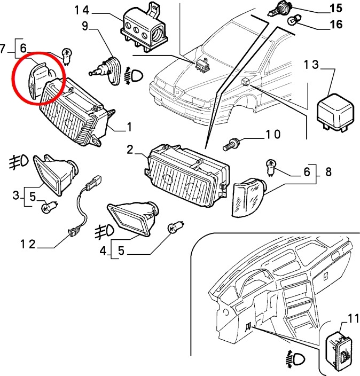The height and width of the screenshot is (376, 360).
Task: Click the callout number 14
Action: tap(82, 10)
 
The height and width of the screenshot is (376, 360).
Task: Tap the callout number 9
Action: tap(85, 26)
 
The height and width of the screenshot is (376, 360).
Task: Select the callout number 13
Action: tap(311, 65)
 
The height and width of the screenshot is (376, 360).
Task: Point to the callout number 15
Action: tap(336, 8)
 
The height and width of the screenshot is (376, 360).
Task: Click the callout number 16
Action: tap(336, 24)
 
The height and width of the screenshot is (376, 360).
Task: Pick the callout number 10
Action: tap(273, 134)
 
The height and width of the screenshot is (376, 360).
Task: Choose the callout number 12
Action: tap(28, 245)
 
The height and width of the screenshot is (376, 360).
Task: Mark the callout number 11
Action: tap(353, 319)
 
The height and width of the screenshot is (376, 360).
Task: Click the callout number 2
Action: tap(130, 150)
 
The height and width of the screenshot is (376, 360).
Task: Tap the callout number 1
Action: tap(129, 127)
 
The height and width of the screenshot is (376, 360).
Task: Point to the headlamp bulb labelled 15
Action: tap(279, 9)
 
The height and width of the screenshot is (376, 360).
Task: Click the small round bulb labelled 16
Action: tap(293, 20)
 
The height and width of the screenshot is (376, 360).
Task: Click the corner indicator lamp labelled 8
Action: tap(249, 197)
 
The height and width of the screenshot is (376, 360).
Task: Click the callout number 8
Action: tap(328, 172)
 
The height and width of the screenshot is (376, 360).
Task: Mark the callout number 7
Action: tap(2, 49)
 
